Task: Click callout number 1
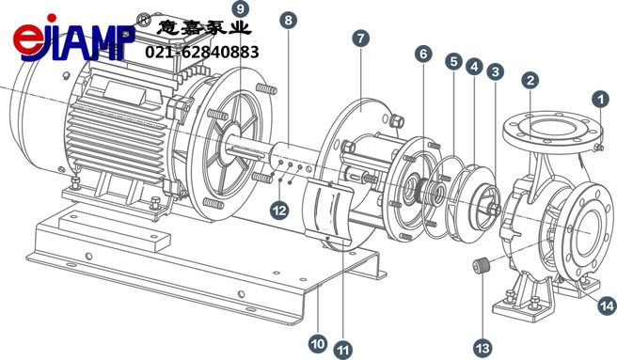click(x=600, y=100)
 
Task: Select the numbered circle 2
click(x=530, y=81)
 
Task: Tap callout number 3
click(x=496, y=72)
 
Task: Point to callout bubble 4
click(x=475, y=67)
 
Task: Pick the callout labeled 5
click(x=454, y=61)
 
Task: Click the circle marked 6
click(x=423, y=54)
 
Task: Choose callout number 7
click(x=361, y=39)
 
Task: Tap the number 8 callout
click(x=289, y=20)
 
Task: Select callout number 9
click(x=241, y=8)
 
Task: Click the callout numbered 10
click(x=318, y=344)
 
